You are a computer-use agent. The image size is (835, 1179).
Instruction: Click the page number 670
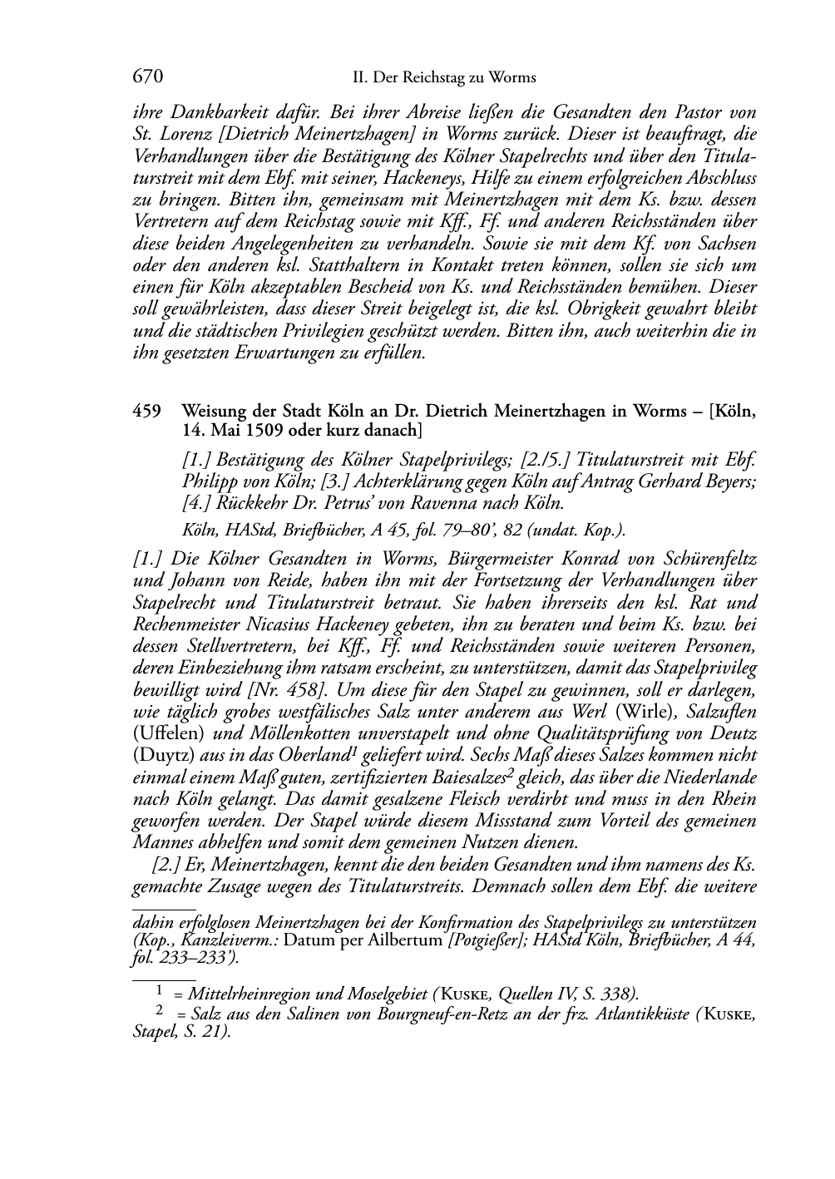[147, 77]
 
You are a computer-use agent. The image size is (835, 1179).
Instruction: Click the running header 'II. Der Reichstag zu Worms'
[444, 78]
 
